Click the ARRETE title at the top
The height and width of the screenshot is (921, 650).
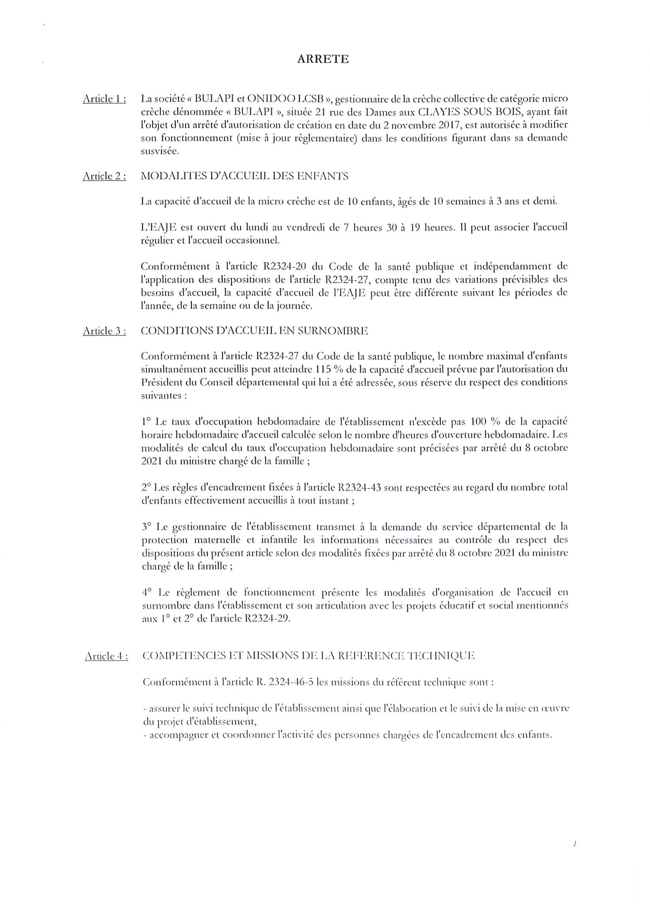coord(323,59)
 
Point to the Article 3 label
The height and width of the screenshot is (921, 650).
coord(104,331)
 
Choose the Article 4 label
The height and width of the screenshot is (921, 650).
coord(106,656)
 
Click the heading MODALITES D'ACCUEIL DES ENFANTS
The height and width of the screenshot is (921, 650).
coord(244,176)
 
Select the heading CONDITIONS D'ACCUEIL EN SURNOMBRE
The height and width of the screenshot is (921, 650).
coord(254,331)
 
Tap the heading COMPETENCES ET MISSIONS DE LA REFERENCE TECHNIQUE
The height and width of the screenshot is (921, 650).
coord(308,656)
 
